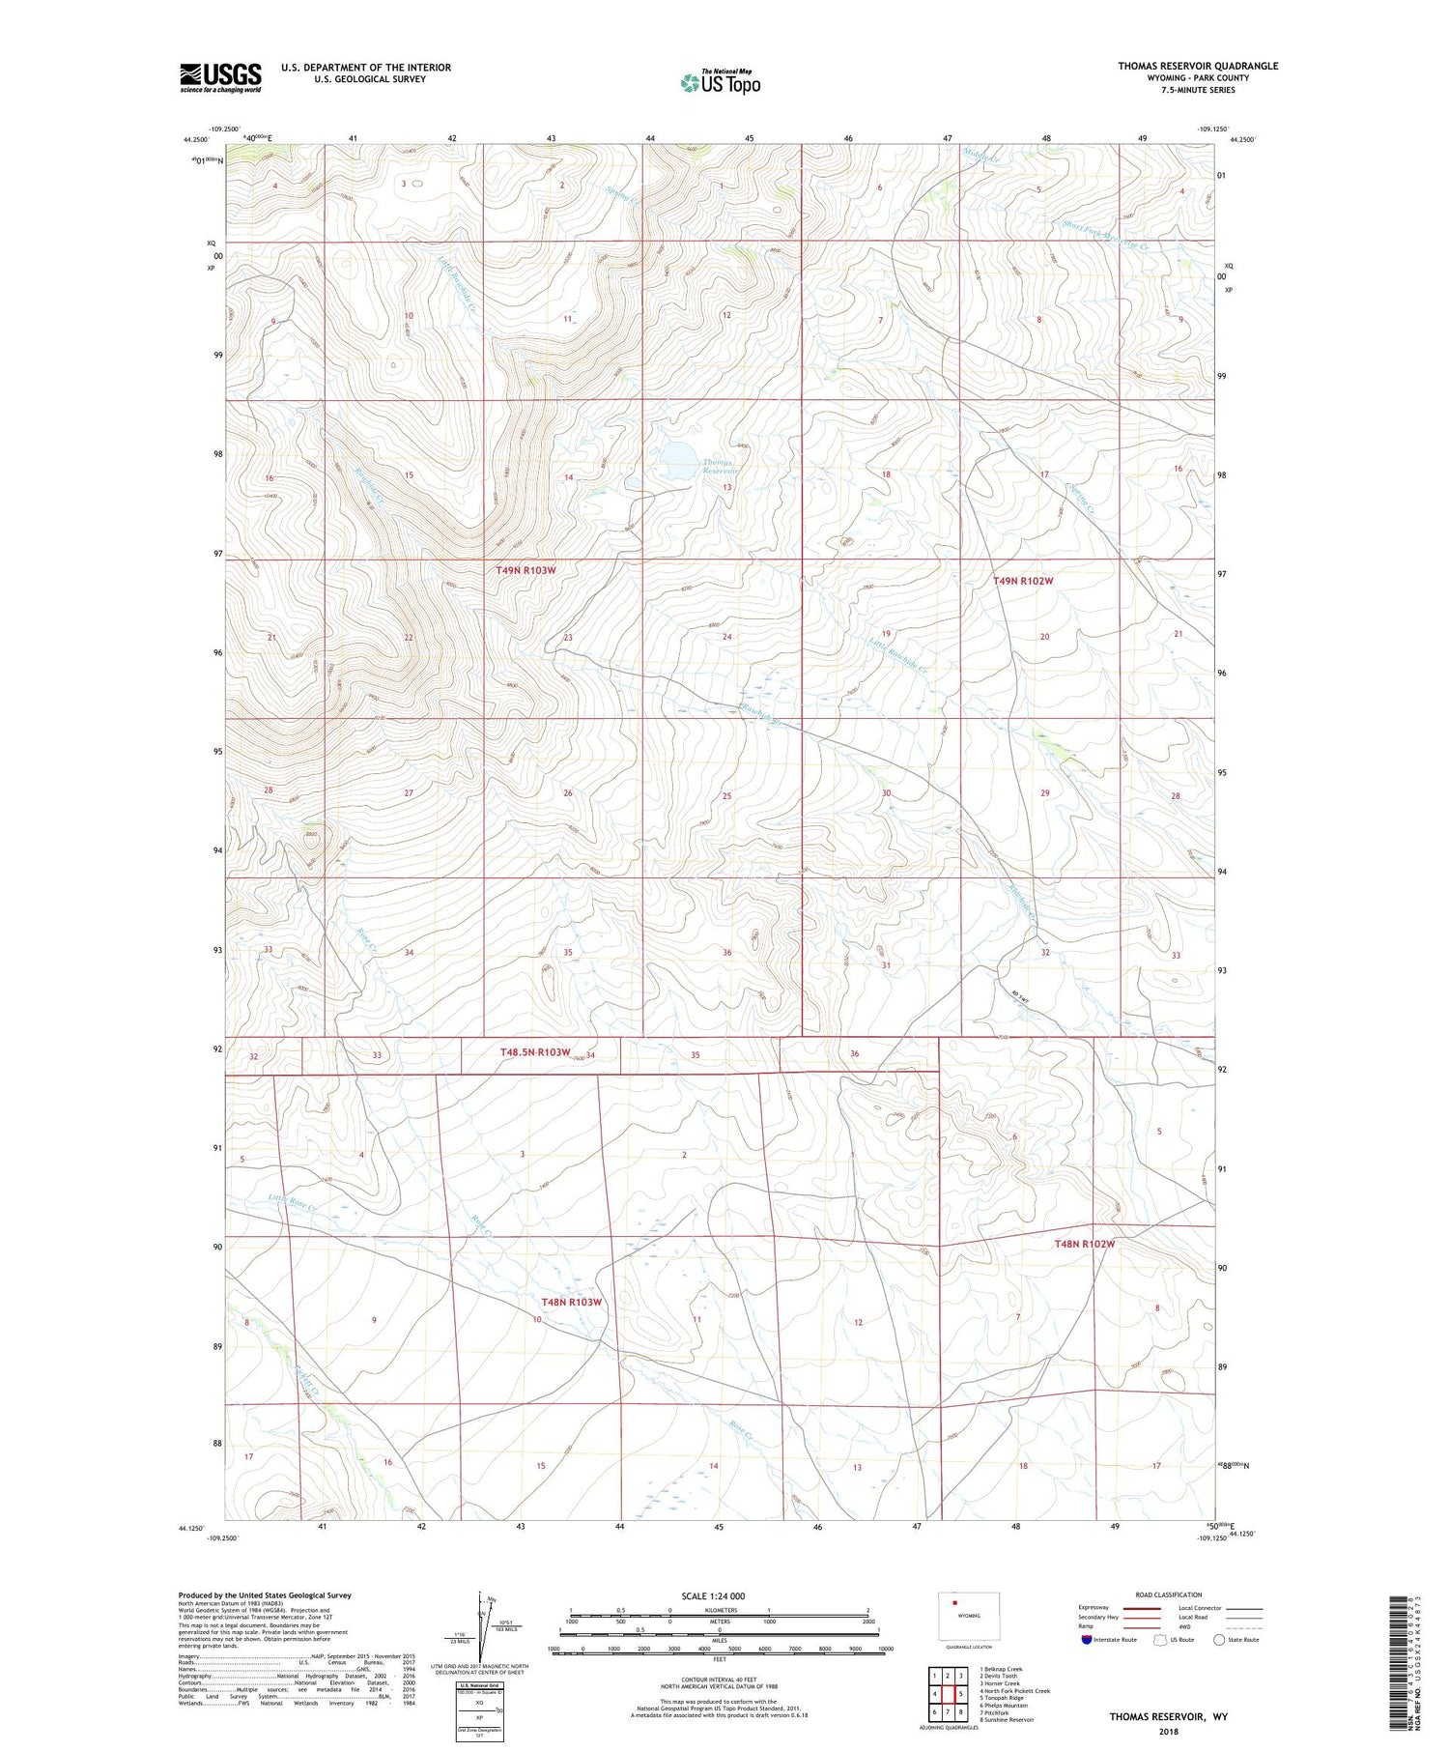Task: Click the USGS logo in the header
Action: (220, 77)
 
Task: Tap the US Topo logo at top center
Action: (720, 83)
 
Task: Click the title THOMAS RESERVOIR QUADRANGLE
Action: (1197, 66)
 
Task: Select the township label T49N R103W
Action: (526, 570)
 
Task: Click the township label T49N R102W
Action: (1022, 581)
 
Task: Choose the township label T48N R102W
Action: (1084, 1244)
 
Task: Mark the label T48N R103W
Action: (571, 1302)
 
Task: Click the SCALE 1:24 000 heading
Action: (713, 1595)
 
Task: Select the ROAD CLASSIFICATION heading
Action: (1168, 1594)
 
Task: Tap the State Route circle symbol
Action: (1219, 1639)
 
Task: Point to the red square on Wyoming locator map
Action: (954, 1603)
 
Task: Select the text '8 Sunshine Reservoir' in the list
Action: (1006, 1719)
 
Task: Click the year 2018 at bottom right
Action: (1168, 1731)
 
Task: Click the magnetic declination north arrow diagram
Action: (482, 1616)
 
